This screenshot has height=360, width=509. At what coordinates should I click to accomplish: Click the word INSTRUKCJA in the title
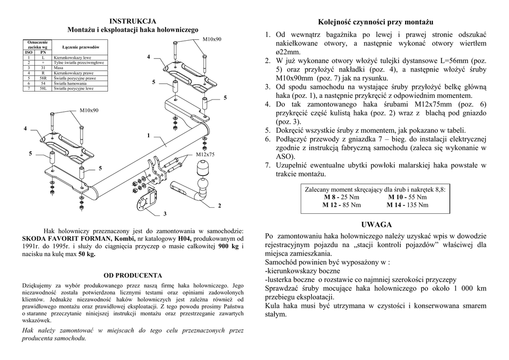click(x=133, y=21)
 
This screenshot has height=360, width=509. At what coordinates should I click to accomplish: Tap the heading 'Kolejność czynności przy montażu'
click(x=376, y=22)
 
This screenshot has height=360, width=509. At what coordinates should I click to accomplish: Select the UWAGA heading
click(x=376, y=225)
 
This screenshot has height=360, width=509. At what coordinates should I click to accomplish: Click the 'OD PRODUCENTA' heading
click(x=133, y=275)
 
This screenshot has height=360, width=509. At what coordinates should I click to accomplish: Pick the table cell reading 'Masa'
click(x=59, y=68)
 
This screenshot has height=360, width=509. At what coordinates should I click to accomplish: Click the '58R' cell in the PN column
click(x=43, y=79)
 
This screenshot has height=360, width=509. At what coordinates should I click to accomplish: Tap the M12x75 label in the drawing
click(x=205, y=155)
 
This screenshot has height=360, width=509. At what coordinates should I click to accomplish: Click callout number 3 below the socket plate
click(x=165, y=214)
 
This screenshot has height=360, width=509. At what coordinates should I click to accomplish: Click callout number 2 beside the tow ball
click(x=219, y=205)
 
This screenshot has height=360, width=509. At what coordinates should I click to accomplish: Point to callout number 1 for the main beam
click(x=148, y=135)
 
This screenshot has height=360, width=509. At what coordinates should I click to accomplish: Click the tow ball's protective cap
click(x=204, y=171)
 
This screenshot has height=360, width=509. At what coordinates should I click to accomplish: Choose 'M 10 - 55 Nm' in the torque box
click(x=407, y=197)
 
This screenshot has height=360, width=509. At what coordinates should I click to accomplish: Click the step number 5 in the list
click(x=267, y=130)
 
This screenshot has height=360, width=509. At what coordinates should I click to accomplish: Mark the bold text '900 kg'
click(x=229, y=247)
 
